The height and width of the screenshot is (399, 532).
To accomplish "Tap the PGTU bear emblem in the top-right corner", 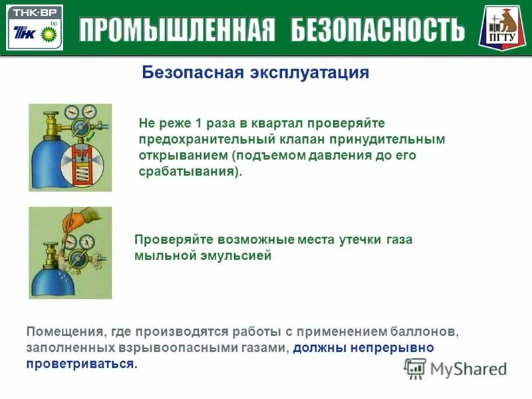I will pos(503,27).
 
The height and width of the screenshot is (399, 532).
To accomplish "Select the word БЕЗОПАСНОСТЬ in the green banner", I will pos(378,29).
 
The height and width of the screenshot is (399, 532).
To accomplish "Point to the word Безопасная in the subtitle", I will pos(193,72).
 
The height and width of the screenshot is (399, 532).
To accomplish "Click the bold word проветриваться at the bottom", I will pos(80,364).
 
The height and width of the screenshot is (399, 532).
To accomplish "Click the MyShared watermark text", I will pos(468,368).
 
